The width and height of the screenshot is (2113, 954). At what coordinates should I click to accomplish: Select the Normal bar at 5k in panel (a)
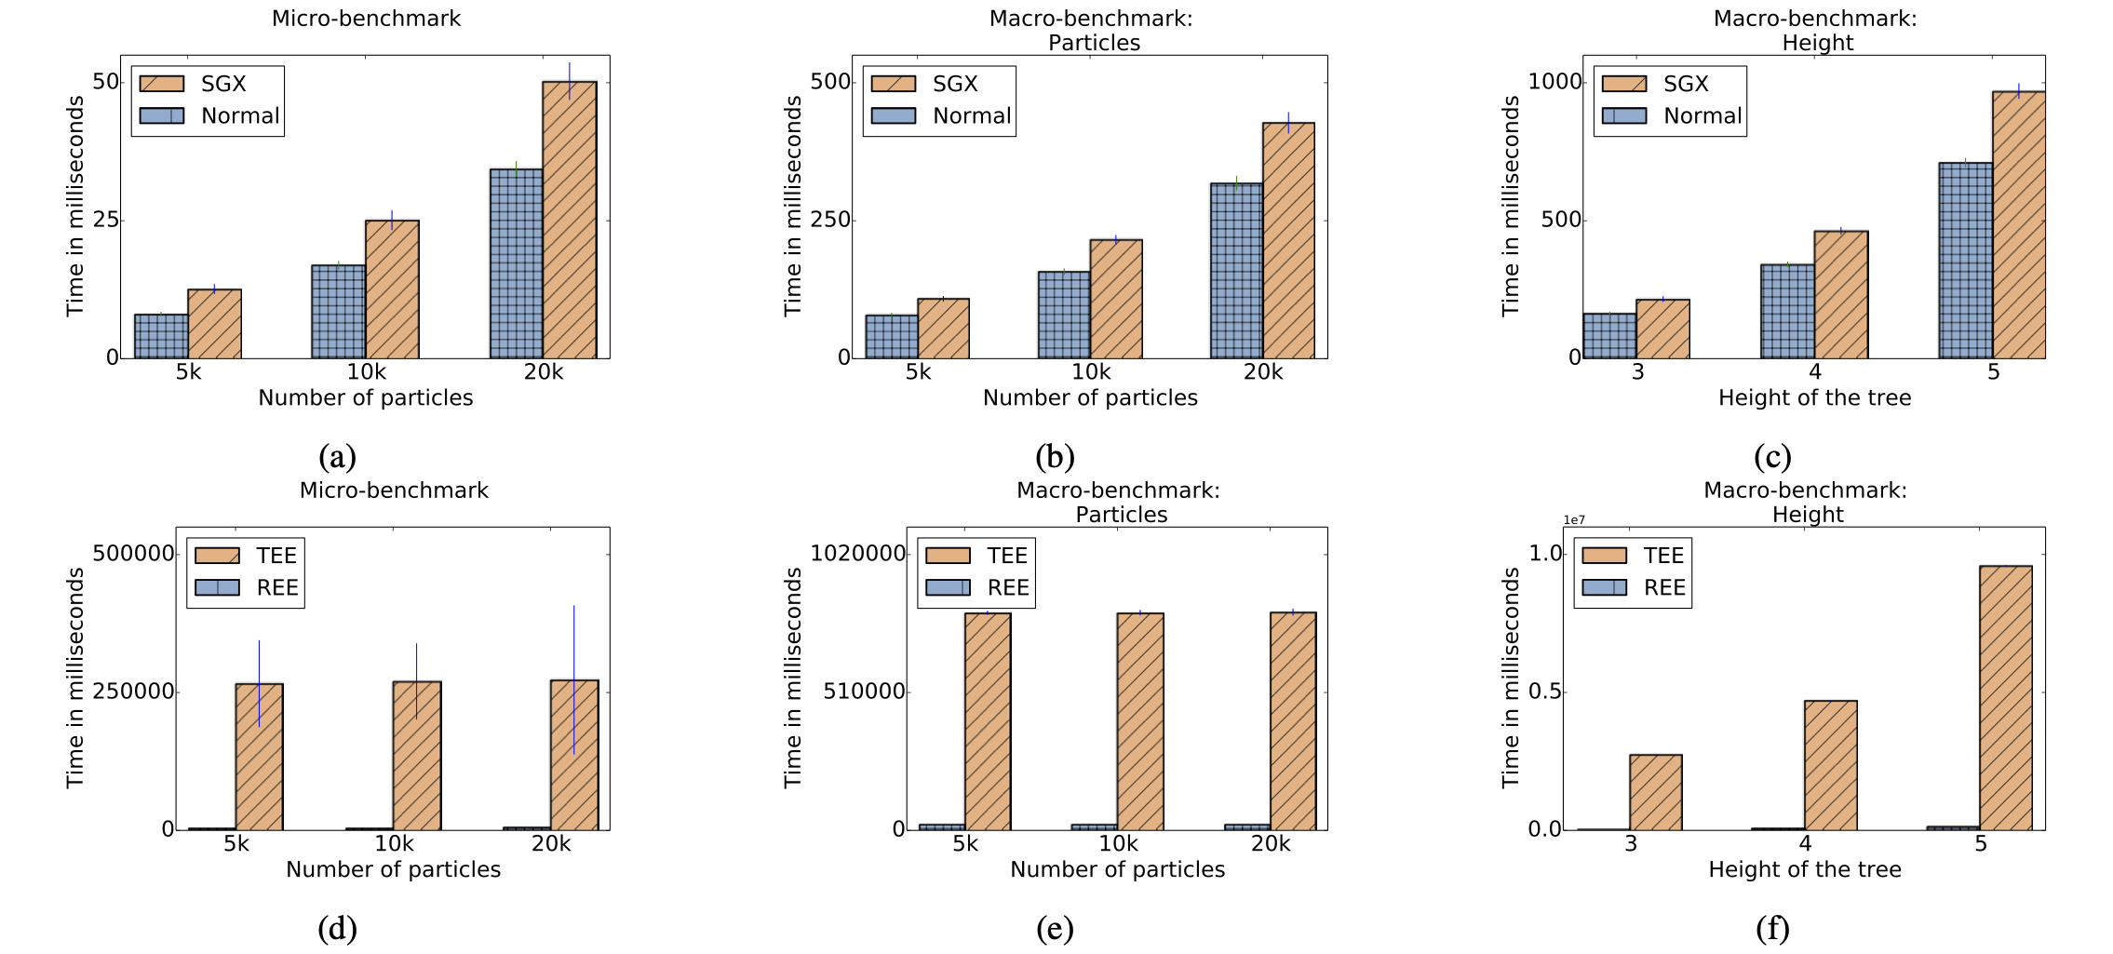[x=161, y=336]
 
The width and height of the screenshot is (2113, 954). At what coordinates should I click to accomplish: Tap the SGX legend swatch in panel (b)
[x=893, y=84]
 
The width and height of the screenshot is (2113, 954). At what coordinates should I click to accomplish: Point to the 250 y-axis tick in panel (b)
[x=830, y=220]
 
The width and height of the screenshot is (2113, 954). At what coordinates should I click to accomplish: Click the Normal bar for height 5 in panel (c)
[x=1965, y=261]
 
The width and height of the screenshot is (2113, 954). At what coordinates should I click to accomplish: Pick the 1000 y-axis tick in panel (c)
[x=1554, y=82]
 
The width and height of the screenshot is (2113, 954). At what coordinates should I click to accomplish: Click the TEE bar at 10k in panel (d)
[x=416, y=755]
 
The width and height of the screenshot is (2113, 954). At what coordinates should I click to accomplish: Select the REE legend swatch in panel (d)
[x=217, y=587]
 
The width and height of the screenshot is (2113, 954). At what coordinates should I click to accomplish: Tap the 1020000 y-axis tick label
[x=857, y=554]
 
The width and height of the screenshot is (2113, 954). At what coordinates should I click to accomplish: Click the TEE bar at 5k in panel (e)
[x=988, y=721]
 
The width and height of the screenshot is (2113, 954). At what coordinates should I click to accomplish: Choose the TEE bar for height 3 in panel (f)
[x=1655, y=792]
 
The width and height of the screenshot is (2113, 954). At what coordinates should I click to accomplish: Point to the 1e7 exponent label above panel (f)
[x=1573, y=520]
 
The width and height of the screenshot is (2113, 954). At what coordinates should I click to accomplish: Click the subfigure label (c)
[x=1771, y=456]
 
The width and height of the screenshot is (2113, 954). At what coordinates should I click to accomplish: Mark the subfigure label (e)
[x=1054, y=928]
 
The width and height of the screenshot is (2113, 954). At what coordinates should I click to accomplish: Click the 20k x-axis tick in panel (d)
[x=551, y=843]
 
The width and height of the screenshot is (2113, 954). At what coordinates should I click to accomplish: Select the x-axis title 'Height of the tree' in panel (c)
[x=1813, y=397]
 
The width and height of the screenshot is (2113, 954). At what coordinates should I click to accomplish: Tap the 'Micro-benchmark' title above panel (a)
[x=366, y=19]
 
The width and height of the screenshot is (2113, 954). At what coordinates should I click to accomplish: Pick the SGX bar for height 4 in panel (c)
[x=1840, y=294]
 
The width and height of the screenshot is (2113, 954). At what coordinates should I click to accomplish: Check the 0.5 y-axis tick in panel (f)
[x=1544, y=692]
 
